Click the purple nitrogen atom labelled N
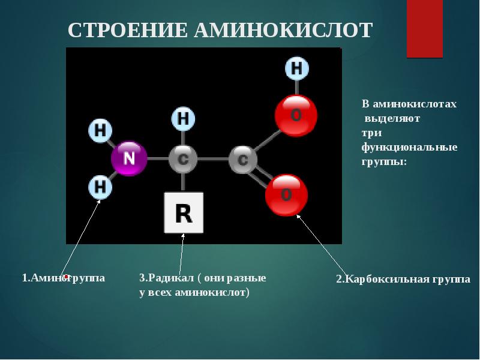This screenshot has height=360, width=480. (129, 158)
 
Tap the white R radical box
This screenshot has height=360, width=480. (184, 212)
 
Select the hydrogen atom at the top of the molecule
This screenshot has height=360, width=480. (296, 68)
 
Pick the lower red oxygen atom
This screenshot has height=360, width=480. (287, 195)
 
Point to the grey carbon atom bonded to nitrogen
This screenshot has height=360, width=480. (183, 160)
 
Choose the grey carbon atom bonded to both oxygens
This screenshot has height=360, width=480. (243, 160)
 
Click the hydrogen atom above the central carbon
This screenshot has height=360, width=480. (184, 119)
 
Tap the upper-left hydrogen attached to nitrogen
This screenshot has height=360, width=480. (101, 131)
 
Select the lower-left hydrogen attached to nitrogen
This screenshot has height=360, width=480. (101, 188)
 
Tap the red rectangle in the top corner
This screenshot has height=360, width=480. (424, 29)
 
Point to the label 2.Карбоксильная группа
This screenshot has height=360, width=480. (403, 280)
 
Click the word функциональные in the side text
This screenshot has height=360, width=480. (409, 147)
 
